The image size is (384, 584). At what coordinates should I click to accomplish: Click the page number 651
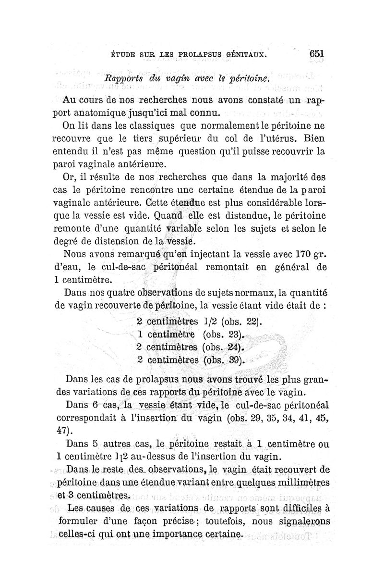[314, 54]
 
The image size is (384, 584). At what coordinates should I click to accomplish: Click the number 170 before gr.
[293, 252]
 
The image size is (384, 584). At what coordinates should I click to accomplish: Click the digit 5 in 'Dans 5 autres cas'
[95, 444]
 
